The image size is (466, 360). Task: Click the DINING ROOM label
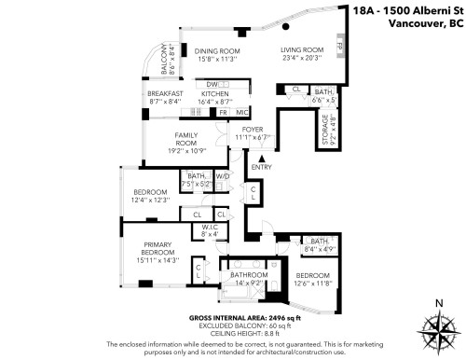tap(217, 50)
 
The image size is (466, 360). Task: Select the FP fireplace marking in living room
tap(340, 46)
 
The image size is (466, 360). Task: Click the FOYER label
tap(254, 130)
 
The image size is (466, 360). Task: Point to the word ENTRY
tap(262, 168)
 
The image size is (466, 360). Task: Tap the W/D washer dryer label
tap(223, 175)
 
